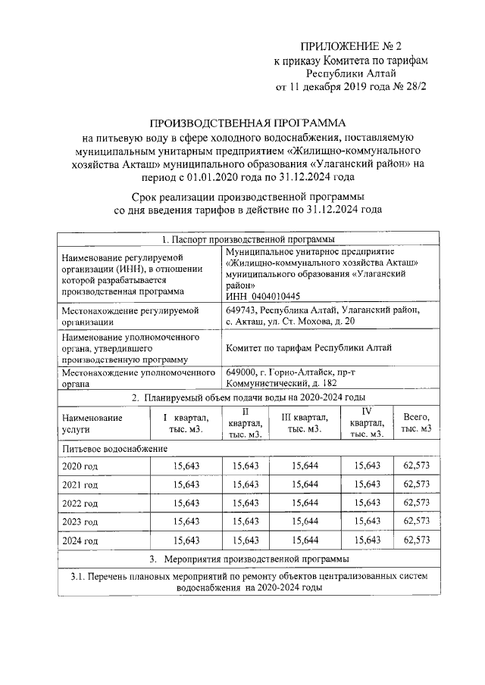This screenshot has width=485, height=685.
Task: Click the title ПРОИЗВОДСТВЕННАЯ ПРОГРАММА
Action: [x=246, y=123]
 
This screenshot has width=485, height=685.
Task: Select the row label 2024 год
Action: [x=80, y=540]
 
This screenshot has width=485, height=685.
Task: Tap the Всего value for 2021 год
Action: [x=416, y=484]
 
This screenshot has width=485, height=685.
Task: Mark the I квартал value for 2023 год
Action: [x=186, y=522]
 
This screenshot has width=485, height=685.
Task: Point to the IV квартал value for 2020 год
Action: [x=367, y=464]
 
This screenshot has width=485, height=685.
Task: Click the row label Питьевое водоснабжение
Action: [x=114, y=449]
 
